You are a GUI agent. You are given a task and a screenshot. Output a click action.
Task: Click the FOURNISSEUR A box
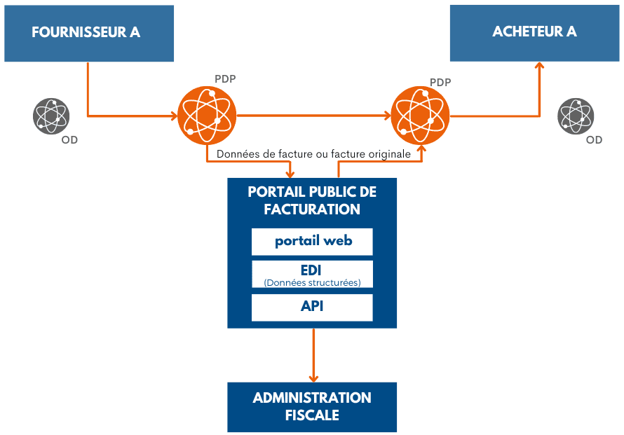[x=88, y=33]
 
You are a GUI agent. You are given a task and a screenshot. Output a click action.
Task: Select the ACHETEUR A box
[x=534, y=33]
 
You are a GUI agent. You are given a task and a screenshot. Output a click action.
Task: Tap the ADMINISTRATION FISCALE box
[x=312, y=406]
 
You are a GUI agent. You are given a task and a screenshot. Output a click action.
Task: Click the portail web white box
[x=312, y=241]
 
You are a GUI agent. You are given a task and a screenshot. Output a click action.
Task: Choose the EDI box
[x=312, y=274]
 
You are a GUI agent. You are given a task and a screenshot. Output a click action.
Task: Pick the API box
[x=312, y=307]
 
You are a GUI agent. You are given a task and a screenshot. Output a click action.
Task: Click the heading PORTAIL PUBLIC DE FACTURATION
[x=312, y=200]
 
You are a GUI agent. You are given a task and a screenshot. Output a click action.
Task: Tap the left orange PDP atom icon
[x=207, y=114]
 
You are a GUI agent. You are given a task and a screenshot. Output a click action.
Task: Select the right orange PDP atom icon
[x=420, y=114]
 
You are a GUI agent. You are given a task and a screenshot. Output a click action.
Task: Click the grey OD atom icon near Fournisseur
[x=51, y=116]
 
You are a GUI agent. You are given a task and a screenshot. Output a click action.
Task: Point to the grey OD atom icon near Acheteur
[x=576, y=116]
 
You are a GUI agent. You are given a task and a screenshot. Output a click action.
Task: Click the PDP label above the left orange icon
[x=225, y=78]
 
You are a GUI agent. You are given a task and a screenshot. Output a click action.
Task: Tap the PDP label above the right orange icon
[x=440, y=82]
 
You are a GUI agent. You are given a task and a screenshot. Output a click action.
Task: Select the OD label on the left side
[x=69, y=140]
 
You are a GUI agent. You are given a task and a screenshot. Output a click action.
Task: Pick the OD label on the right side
[x=594, y=140]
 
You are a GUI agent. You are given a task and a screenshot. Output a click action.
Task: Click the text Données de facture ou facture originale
[x=313, y=153]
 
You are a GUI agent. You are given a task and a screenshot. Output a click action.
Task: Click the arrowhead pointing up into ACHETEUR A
[x=539, y=65]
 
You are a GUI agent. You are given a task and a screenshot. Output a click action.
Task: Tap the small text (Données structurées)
[x=312, y=282]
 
